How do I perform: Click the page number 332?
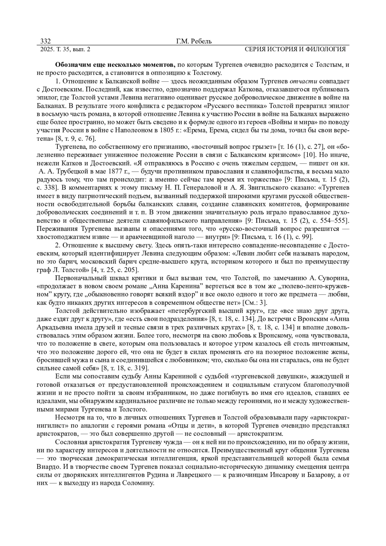[x=45, y=41]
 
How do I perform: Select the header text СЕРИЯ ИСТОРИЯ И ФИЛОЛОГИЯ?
[x=295, y=49]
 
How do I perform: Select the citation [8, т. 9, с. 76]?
[x=75, y=139]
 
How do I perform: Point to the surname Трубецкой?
[x=70, y=171]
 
